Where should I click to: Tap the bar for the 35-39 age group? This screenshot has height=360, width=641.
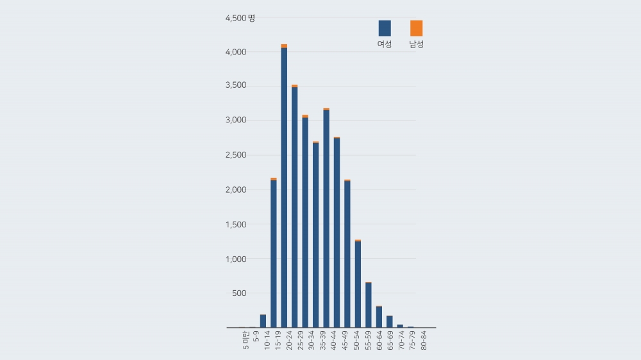pyautogui.click(x=326, y=218)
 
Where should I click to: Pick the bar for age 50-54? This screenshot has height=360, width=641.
pyautogui.click(x=358, y=284)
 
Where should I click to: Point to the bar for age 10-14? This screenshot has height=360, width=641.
pyautogui.click(x=263, y=321)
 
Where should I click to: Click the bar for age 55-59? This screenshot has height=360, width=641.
pyautogui.click(x=369, y=305)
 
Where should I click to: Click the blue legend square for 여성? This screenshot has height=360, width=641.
pyautogui.click(x=385, y=28)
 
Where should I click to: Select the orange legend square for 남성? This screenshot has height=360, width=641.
pyautogui.click(x=417, y=28)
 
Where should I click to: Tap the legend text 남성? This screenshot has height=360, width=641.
pyautogui.click(x=417, y=45)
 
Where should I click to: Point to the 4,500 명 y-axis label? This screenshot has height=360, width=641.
pyautogui.click(x=240, y=18)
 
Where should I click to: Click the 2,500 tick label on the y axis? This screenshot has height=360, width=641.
pyautogui.click(x=235, y=155)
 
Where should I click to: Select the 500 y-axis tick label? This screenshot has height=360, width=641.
pyautogui.click(x=238, y=293)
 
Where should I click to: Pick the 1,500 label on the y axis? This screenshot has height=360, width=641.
pyautogui.click(x=235, y=224)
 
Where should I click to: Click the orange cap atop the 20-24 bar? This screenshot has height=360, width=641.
pyautogui.click(x=284, y=46)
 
